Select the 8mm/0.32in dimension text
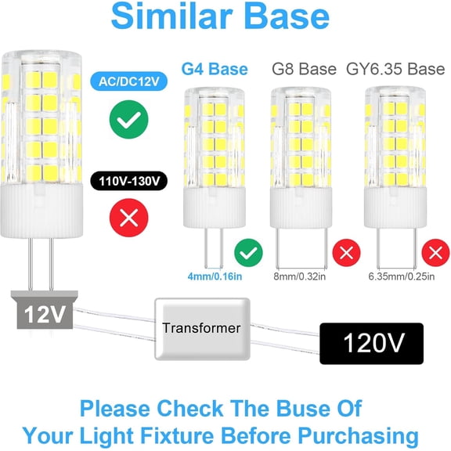click(301, 276)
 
